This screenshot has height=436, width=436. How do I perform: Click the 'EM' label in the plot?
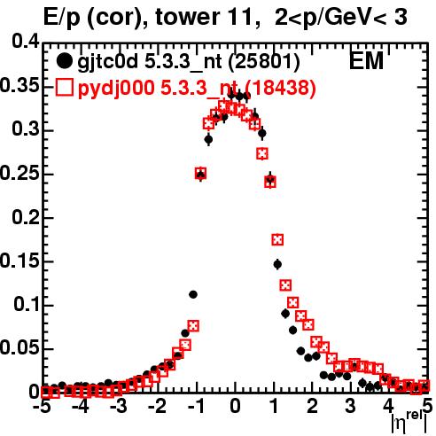tap(366, 61)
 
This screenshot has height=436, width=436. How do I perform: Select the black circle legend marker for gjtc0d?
tap(64, 61)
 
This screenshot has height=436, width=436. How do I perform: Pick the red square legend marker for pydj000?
tap(64, 88)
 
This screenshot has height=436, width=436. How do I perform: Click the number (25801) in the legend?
tap(264, 62)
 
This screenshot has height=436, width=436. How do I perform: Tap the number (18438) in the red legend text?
tap(280, 88)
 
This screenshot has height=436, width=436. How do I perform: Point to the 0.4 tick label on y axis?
tap(26, 42)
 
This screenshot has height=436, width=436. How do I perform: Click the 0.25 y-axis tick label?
tap(19, 173)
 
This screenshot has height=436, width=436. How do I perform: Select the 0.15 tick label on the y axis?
tap(19, 261)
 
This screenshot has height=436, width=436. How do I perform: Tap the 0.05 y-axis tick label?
tap(19, 347)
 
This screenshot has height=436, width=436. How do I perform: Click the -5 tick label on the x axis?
tap(43, 406)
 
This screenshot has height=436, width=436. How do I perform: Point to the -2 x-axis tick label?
tap(158, 406)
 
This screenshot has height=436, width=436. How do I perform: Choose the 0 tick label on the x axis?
tap(235, 406)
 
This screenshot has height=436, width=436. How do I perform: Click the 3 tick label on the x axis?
tap(350, 406)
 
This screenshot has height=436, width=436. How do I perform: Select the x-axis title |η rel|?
tap(409, 424)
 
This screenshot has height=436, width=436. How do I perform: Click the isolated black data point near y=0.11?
tap(193, 294)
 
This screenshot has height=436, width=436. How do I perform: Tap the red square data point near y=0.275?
tap(262, 153)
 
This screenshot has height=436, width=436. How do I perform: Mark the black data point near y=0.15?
tap(277, 264)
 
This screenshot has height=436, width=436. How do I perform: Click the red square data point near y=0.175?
tap(277, 239)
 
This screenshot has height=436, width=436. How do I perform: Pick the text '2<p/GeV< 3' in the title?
tap(341, 17)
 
